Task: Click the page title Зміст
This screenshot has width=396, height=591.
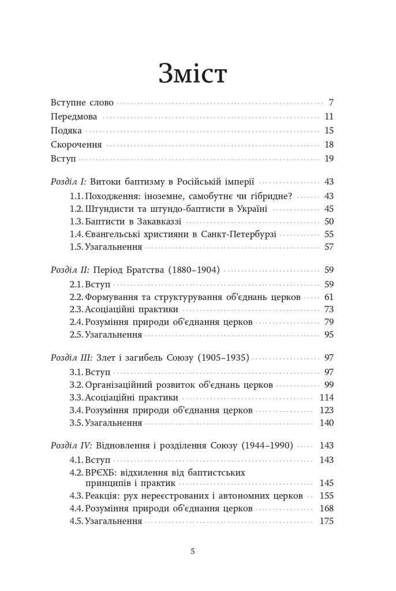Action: tap(193, 75)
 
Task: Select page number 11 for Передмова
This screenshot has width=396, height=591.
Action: tap(330, 117)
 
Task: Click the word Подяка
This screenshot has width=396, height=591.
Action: tap(66, 130)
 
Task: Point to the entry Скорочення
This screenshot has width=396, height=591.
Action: tap(76, 144)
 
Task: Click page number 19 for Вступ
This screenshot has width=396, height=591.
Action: tap(330, 158)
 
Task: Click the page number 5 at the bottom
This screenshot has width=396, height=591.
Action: tap(193, 551)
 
